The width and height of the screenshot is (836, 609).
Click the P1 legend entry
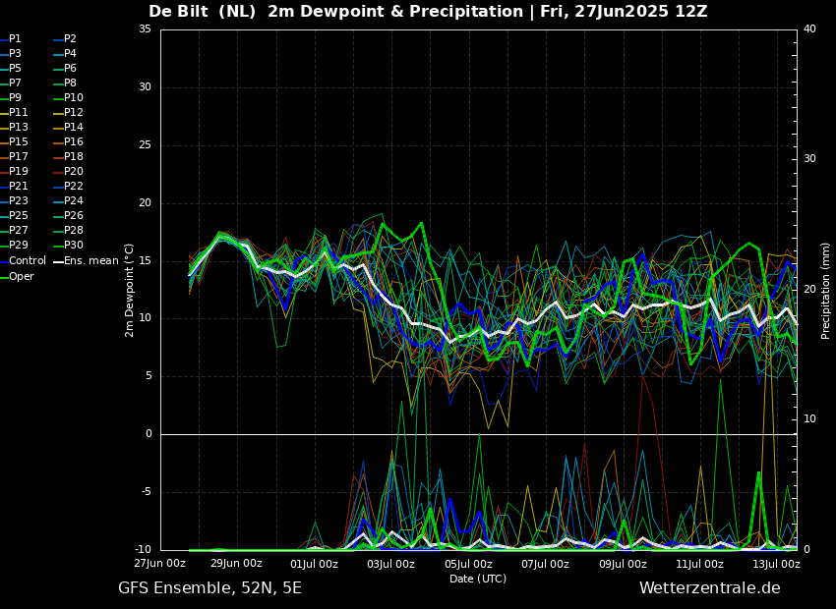(11, 39)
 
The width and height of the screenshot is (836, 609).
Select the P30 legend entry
(68, 246)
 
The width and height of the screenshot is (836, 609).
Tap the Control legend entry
(23, 261)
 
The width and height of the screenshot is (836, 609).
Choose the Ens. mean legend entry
(86, 261)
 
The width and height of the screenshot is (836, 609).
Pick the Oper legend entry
(17, 277)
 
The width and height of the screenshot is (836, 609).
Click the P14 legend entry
(68, 128)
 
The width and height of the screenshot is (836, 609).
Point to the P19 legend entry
(14, 172)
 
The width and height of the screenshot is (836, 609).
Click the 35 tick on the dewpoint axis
(145, 29)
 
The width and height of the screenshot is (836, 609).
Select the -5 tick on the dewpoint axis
(145, 492)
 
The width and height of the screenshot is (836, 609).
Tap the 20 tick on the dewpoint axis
(145, 202)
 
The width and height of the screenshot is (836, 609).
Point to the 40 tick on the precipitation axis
(809, 29)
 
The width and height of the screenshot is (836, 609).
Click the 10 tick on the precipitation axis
(809, 419)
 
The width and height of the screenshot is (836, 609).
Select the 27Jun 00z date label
(159, 564)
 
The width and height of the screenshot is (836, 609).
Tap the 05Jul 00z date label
(468, 564)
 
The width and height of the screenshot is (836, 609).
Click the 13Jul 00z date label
(776, 564)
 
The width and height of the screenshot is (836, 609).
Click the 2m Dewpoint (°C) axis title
(130, 291)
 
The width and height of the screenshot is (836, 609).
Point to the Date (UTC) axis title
(478, 579)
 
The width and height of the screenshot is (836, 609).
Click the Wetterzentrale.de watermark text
(710, 588)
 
